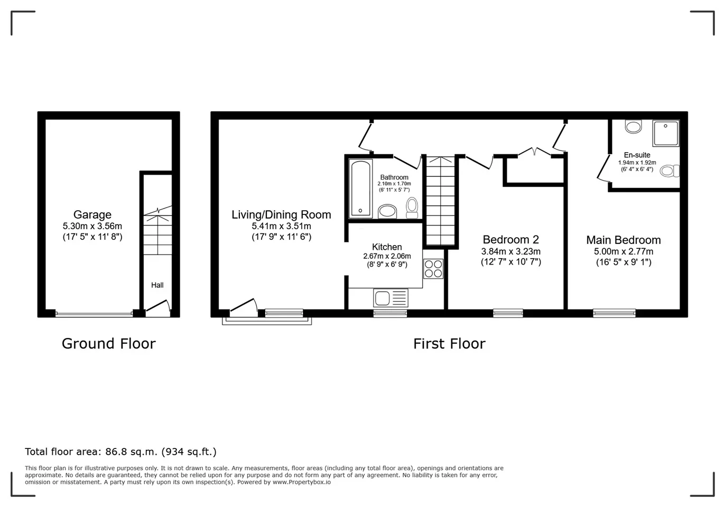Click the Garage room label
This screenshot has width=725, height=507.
[92, 214]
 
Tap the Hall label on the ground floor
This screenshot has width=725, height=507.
[157, 285]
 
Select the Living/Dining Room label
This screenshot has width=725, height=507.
[281, 214]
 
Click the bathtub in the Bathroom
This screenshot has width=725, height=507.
[360, 189]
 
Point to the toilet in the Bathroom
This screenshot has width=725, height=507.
[412, 208]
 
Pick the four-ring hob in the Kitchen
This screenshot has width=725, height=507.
[433, 268]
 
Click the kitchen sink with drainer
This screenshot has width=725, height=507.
[391, 298]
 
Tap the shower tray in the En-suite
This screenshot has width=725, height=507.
[665, 133]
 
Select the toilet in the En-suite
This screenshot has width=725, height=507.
[670, 171]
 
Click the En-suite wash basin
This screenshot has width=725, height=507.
[634, 127]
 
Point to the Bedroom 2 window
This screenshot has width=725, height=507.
[508, 313]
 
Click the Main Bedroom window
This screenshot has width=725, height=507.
[614, 313]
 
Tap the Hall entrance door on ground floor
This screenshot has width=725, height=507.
[157, 307]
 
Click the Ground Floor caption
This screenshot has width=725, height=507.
[109, 344]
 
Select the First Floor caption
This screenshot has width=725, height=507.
[449, 344]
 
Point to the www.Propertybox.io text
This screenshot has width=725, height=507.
[302, 482]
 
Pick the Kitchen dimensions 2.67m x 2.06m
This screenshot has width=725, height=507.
[387, 256]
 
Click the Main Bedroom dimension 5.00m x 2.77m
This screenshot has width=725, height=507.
[624, 251]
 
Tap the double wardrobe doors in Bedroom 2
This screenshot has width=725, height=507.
[535, 152]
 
